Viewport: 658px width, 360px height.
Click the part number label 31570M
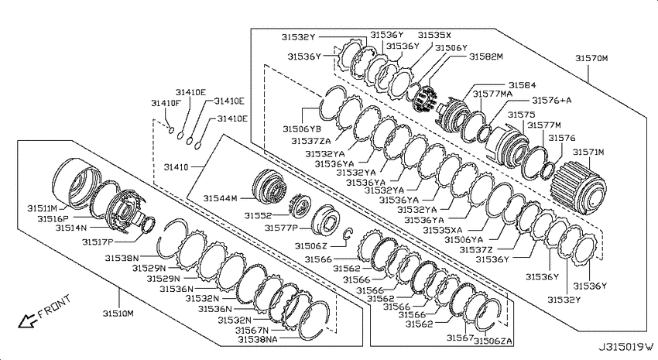[591, 58]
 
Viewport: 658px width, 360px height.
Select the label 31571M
[588, 152]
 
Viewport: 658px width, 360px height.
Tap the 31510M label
[118, 314]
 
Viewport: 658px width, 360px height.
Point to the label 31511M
[42, 208]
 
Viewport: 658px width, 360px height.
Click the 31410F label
[166, 103]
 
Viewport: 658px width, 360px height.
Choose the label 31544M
[221, 198]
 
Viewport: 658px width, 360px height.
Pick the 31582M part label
[486, 57]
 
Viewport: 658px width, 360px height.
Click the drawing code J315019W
[626, 347]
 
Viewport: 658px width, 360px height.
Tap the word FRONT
[54, 307]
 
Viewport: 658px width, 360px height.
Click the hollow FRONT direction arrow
[28, 321]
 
